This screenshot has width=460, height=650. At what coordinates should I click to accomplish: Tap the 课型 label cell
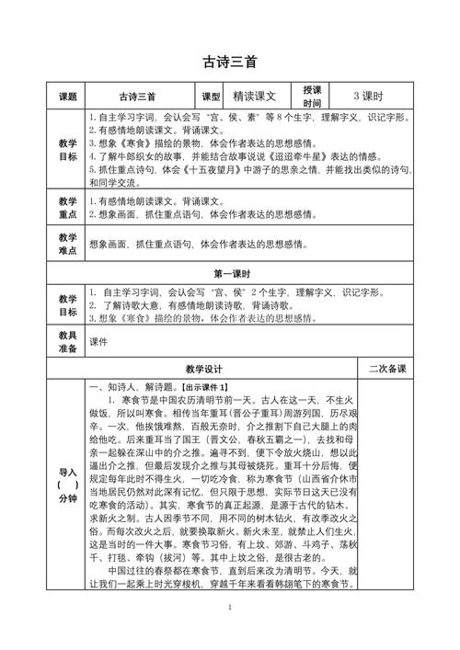coord(211,96)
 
